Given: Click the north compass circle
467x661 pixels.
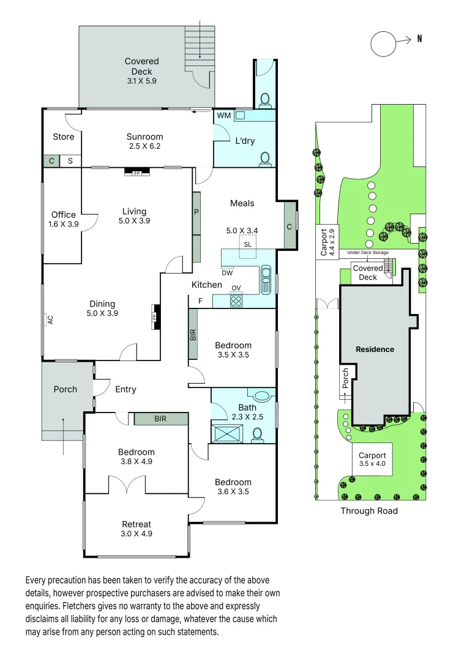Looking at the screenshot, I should [384, 44].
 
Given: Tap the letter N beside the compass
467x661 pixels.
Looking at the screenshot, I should [419, 39].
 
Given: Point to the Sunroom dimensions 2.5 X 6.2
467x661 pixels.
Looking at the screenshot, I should [144, 147].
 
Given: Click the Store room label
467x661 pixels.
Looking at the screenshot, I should [63, 136].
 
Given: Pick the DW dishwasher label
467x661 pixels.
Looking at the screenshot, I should [227, 272].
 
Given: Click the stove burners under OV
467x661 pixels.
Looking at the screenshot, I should [236, 301].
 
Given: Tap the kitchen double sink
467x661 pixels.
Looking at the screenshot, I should [266, 280].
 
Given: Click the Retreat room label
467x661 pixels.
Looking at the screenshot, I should [136, 524].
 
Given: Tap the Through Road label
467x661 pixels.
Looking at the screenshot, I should [369, 510].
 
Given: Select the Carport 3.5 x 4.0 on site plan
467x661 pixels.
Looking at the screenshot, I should [372, 460].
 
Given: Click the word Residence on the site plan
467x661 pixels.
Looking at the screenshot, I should [375, 349].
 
